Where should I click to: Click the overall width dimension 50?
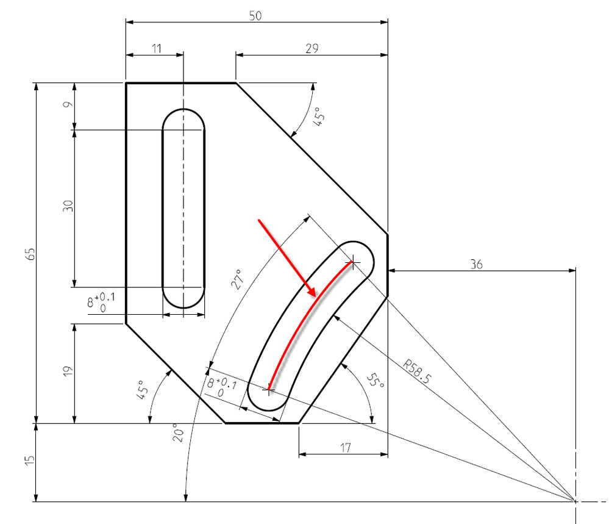point(255,16)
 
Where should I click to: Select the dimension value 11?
point(157,49)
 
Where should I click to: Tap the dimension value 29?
point(312,49)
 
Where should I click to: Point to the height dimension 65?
point(30,254)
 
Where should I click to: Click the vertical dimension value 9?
point(68,104)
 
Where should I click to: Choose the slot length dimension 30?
point(68,206)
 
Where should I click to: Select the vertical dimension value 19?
point(68,371)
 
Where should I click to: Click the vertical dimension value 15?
point(30,461)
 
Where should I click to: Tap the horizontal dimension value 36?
point(477,264)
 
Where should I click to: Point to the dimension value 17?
point(345,448)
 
